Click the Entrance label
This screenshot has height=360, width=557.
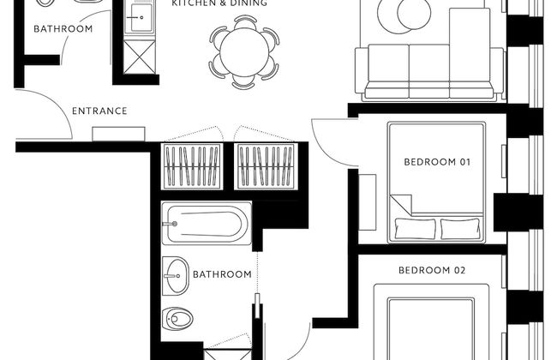99,111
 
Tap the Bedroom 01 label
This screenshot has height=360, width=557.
437,162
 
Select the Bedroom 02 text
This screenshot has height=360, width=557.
432,271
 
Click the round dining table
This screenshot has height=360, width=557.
244,52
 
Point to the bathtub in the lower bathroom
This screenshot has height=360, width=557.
207,223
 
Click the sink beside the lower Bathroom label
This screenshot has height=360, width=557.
176,276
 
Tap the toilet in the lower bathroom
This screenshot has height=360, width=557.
177,318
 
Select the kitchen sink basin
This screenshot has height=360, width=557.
140,17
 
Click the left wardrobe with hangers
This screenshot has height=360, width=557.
192,166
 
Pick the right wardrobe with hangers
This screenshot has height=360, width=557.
266,166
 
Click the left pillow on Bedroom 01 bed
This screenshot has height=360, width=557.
416,229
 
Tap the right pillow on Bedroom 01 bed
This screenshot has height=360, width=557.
460,229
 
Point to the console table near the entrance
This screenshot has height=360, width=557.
118,134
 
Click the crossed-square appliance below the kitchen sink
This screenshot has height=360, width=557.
140,57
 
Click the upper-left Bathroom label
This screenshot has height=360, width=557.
63,29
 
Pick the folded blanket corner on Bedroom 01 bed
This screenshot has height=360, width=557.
401,204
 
